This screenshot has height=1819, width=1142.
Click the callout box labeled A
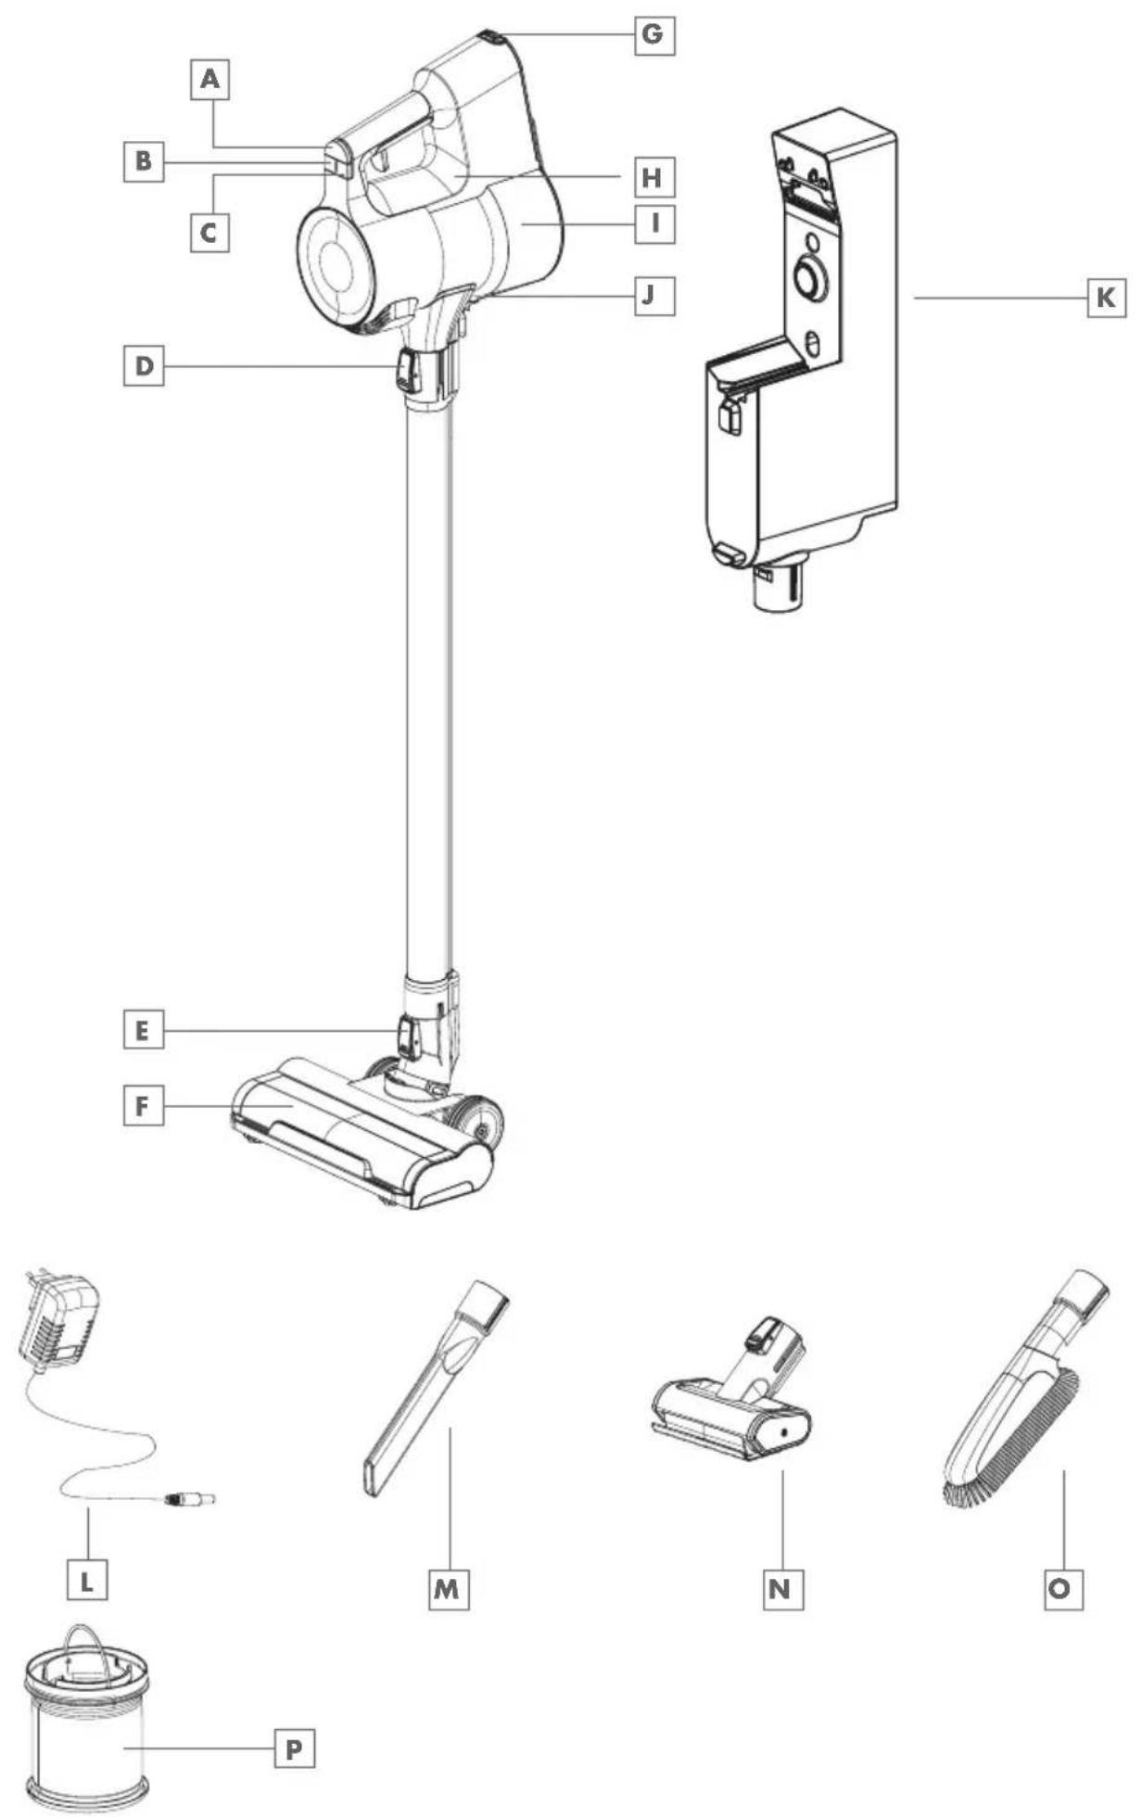tap(211, 80)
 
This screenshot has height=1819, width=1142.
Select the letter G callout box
tap(653, 35)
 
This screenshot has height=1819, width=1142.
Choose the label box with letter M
tap(449, 1589)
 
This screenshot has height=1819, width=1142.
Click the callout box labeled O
tap(1062, 1589)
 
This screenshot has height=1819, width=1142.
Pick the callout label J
tap(653, 296)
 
